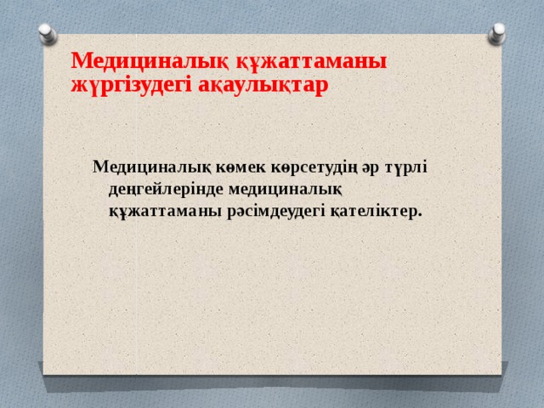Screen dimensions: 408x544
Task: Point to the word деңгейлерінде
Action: [x=161, y=188]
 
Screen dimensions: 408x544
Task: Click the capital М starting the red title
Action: [x=79, y=60]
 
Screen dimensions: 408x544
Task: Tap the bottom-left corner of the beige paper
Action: [x=44, y=373]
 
